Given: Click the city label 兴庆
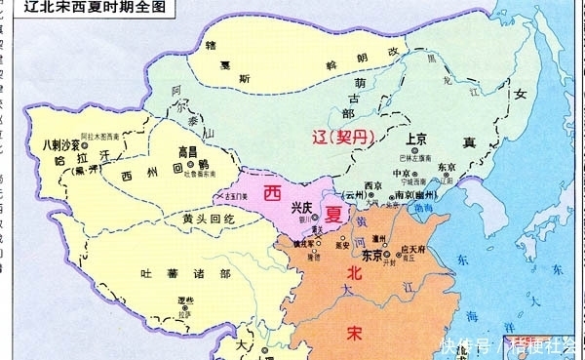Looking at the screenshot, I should click(302, 207).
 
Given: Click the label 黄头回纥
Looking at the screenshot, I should click(180, 219).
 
